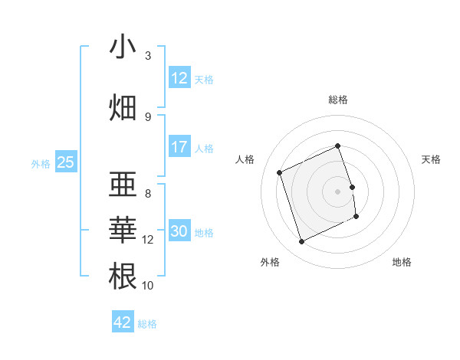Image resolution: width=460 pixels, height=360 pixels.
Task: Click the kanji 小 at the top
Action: [123, 48]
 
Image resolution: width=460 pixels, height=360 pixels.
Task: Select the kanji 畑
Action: [123, 107]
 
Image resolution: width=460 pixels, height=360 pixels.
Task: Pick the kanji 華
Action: [123, 230]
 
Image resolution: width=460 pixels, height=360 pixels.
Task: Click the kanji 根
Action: [123, 276]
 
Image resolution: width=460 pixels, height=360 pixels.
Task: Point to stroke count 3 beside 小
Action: [148, 56]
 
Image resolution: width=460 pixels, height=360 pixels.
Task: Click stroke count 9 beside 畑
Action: [148, 116]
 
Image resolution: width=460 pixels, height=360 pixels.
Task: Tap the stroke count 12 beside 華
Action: [148, 240]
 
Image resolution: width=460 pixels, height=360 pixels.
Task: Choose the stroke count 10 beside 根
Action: [148, 286]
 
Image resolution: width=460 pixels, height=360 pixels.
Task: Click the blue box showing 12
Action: [179, 78]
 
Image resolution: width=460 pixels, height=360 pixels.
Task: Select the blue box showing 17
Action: [179, 147]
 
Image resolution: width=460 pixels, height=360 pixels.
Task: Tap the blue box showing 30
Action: [179, 231]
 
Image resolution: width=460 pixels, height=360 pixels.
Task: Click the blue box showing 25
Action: [65, 162]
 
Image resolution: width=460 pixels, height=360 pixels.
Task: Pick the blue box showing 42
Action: [123, 322]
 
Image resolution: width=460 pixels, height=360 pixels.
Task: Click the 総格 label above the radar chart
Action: [338, 100]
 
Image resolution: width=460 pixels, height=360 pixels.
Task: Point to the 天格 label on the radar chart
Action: [431, 159]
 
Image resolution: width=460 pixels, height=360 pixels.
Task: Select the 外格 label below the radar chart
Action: [270, 262]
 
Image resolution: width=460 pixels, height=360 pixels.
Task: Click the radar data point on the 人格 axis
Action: [280, 172]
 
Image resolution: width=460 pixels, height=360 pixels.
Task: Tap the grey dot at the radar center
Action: [338, 191]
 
